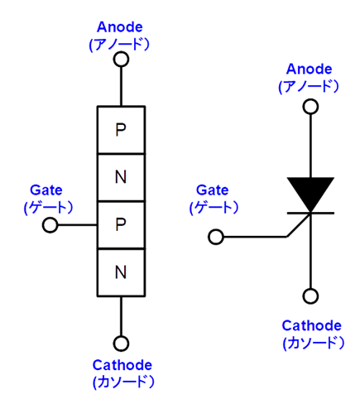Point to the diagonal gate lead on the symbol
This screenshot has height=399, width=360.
(299, 225)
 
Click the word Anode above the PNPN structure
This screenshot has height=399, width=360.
(120, 27)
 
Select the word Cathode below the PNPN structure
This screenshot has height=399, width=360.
(122, 365)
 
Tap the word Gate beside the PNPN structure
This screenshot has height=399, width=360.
(46, 190)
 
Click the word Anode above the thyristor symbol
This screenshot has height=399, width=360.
(310, 69)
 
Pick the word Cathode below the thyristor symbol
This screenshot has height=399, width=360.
(312, 325)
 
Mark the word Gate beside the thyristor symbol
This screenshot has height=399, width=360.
(213, 190)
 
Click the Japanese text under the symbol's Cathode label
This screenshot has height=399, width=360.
(314, 344)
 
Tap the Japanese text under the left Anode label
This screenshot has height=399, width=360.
(119, 44)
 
